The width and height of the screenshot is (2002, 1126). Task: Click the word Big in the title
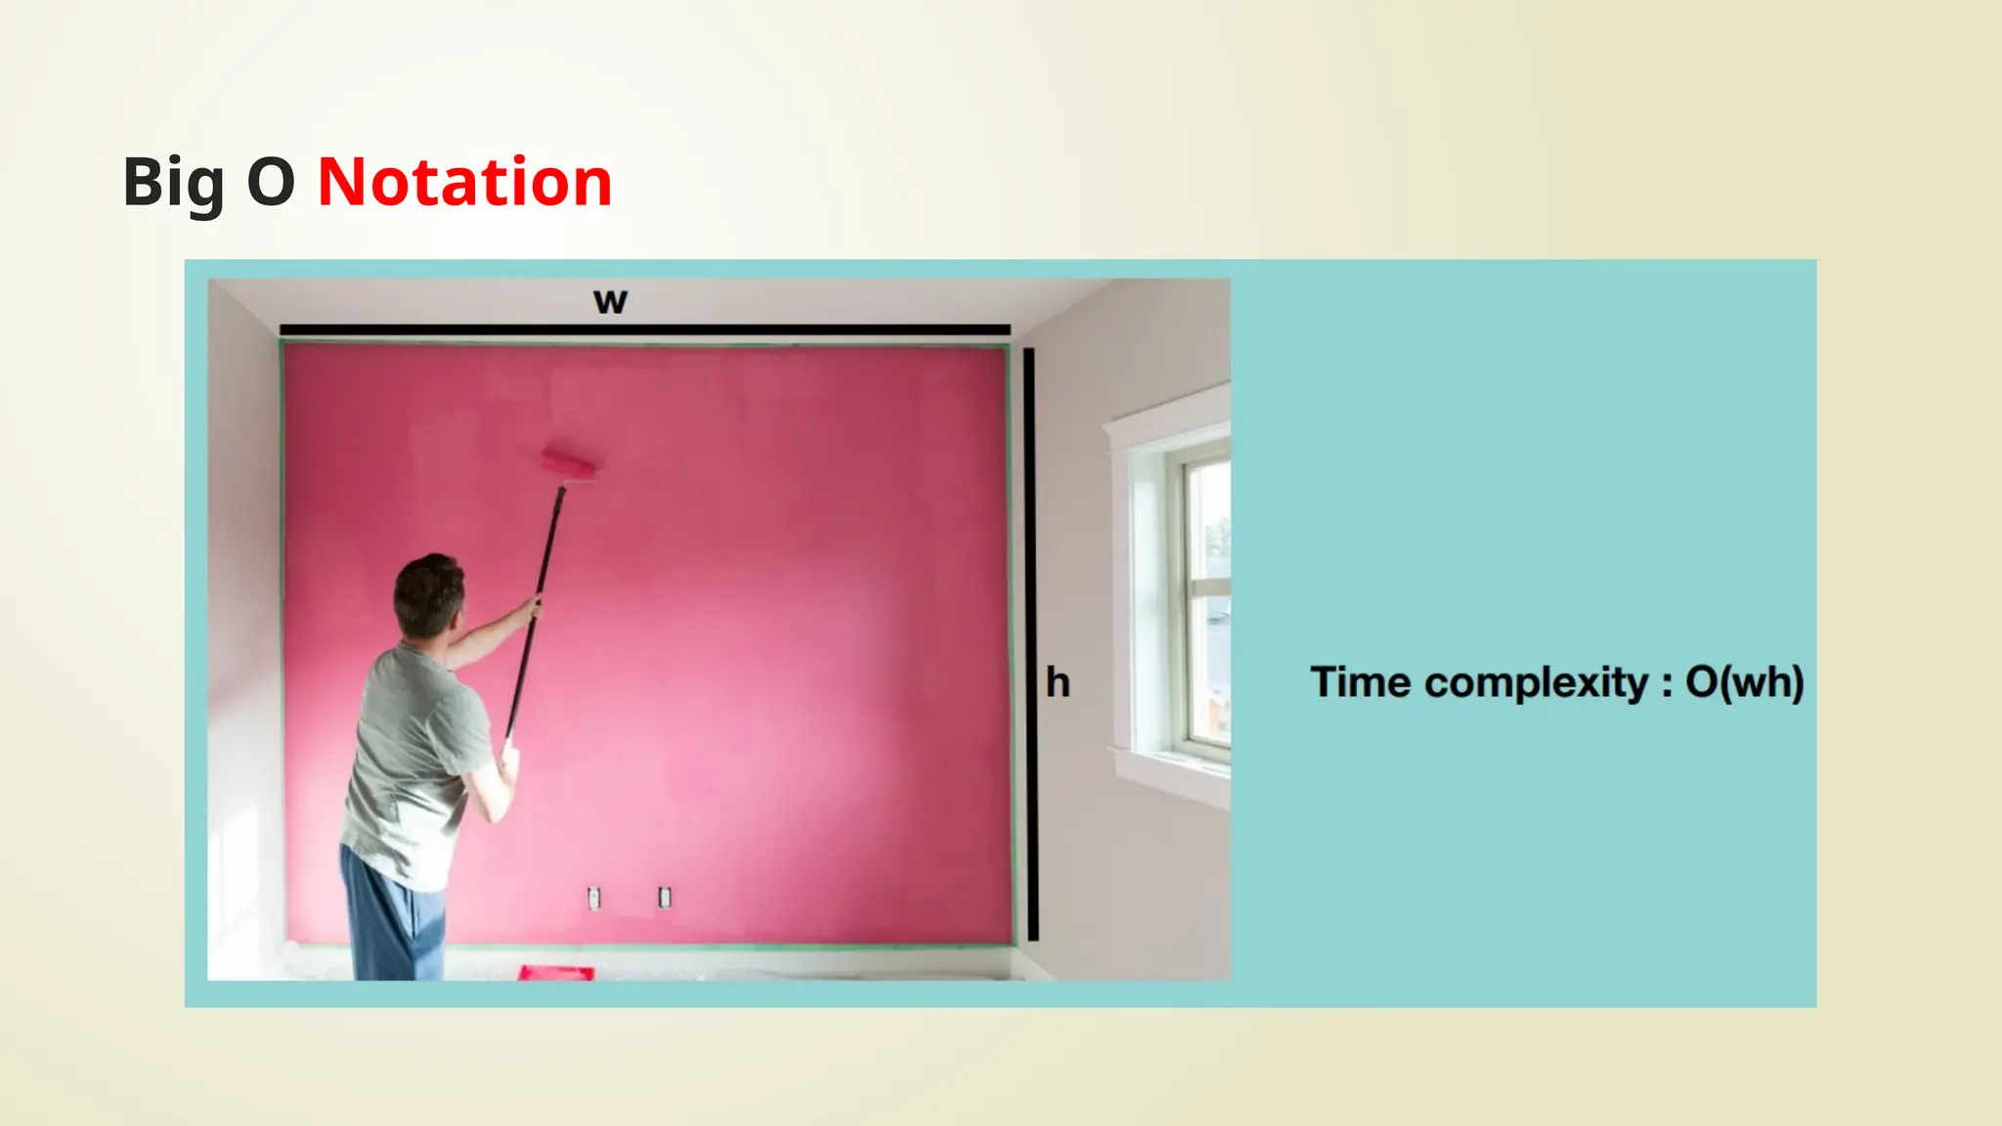174,183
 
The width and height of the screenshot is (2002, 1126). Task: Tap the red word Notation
464,183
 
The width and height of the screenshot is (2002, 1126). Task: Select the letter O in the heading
271,183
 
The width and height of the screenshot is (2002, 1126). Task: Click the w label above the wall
610,301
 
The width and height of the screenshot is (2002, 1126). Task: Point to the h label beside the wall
1058,682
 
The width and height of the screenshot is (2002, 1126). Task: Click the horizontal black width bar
645,330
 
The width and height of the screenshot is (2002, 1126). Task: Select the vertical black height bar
1030,645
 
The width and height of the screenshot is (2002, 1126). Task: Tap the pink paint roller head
570,462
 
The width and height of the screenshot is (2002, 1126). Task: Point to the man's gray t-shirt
411,762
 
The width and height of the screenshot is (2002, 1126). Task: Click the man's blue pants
391,919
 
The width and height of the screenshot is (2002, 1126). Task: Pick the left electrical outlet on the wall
593,897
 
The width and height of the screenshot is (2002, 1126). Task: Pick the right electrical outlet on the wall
665,896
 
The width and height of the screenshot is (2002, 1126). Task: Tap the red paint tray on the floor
555,973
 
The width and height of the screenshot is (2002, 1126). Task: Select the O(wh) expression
1744,682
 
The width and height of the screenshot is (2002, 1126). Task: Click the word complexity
1536,682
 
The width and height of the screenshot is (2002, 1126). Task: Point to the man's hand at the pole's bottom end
507,758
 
